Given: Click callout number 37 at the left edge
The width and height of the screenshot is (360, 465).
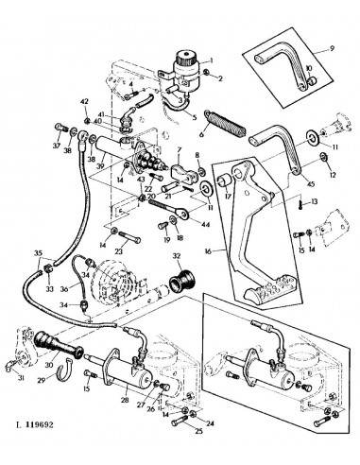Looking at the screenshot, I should tap(56, 146).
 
